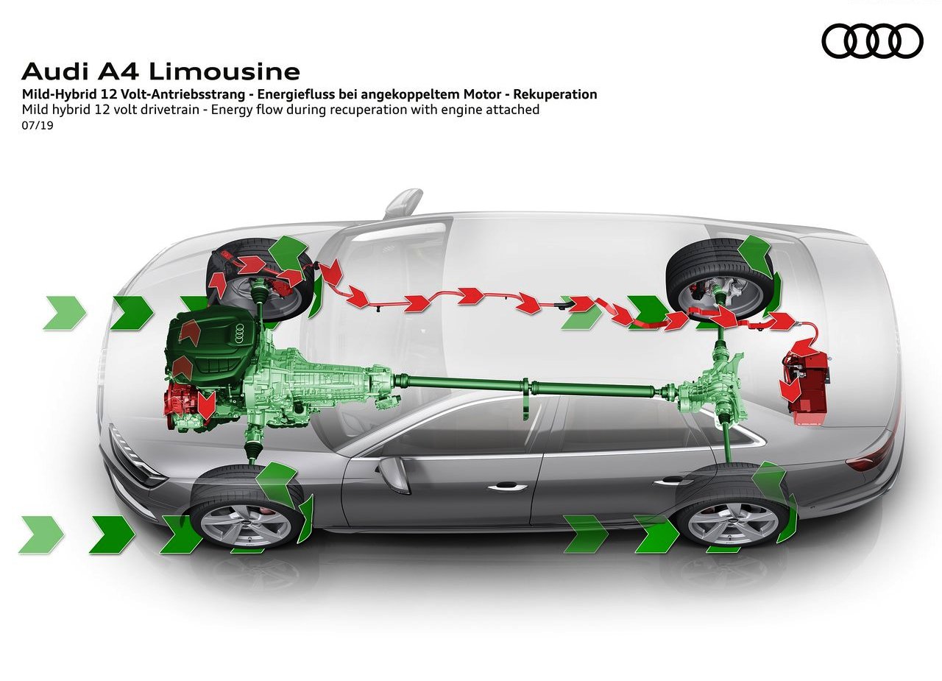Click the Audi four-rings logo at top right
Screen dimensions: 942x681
click(872, 40)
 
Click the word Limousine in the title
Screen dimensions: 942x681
click(224, 71)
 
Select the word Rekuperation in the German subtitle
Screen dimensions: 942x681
click(555, 93)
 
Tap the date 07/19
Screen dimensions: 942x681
click(38, 125)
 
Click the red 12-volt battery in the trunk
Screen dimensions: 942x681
click(804, 386)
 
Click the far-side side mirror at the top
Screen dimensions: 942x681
click(403, 202)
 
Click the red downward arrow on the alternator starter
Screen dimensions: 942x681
click(206, 405)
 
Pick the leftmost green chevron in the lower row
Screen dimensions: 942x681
click(41, 534)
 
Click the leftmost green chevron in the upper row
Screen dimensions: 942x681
click(65, 313)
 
